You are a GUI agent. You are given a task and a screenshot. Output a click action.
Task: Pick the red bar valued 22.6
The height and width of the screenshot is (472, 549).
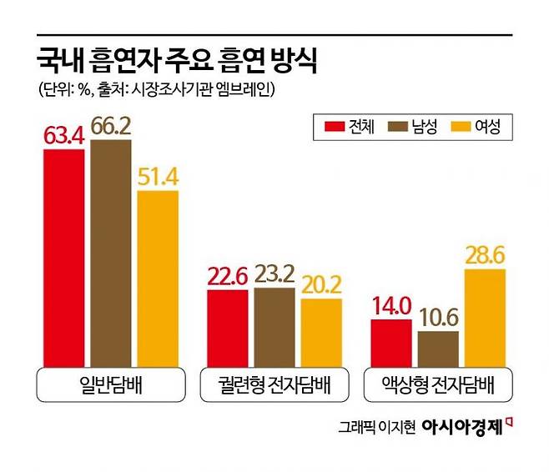tap(227, 328)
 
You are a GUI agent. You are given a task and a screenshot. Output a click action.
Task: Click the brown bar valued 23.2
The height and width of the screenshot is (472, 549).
tap(274, 327)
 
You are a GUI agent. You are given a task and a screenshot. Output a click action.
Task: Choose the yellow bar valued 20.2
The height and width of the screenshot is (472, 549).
tap(321, 332)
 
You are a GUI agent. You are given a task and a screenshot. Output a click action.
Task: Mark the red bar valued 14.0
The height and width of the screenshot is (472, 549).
tap(390, 342)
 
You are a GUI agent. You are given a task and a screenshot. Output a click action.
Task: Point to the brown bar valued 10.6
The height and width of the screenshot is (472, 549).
tap(438, 348)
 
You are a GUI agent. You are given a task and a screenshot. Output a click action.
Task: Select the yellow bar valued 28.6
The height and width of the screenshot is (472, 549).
tap(485, 317)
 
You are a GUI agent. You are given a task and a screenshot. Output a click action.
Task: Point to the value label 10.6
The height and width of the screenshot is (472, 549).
tap(438, 317)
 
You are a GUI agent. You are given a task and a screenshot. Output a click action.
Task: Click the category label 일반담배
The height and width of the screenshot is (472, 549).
tap(111, 386)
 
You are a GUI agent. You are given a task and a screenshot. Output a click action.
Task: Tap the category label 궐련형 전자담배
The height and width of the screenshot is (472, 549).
tap(274, 386)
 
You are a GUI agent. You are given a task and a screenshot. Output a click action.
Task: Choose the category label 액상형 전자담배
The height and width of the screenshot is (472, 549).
tap(438, 386)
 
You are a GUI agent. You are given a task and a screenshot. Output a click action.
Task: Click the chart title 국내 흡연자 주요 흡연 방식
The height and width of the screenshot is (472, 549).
tap(176, 61)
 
